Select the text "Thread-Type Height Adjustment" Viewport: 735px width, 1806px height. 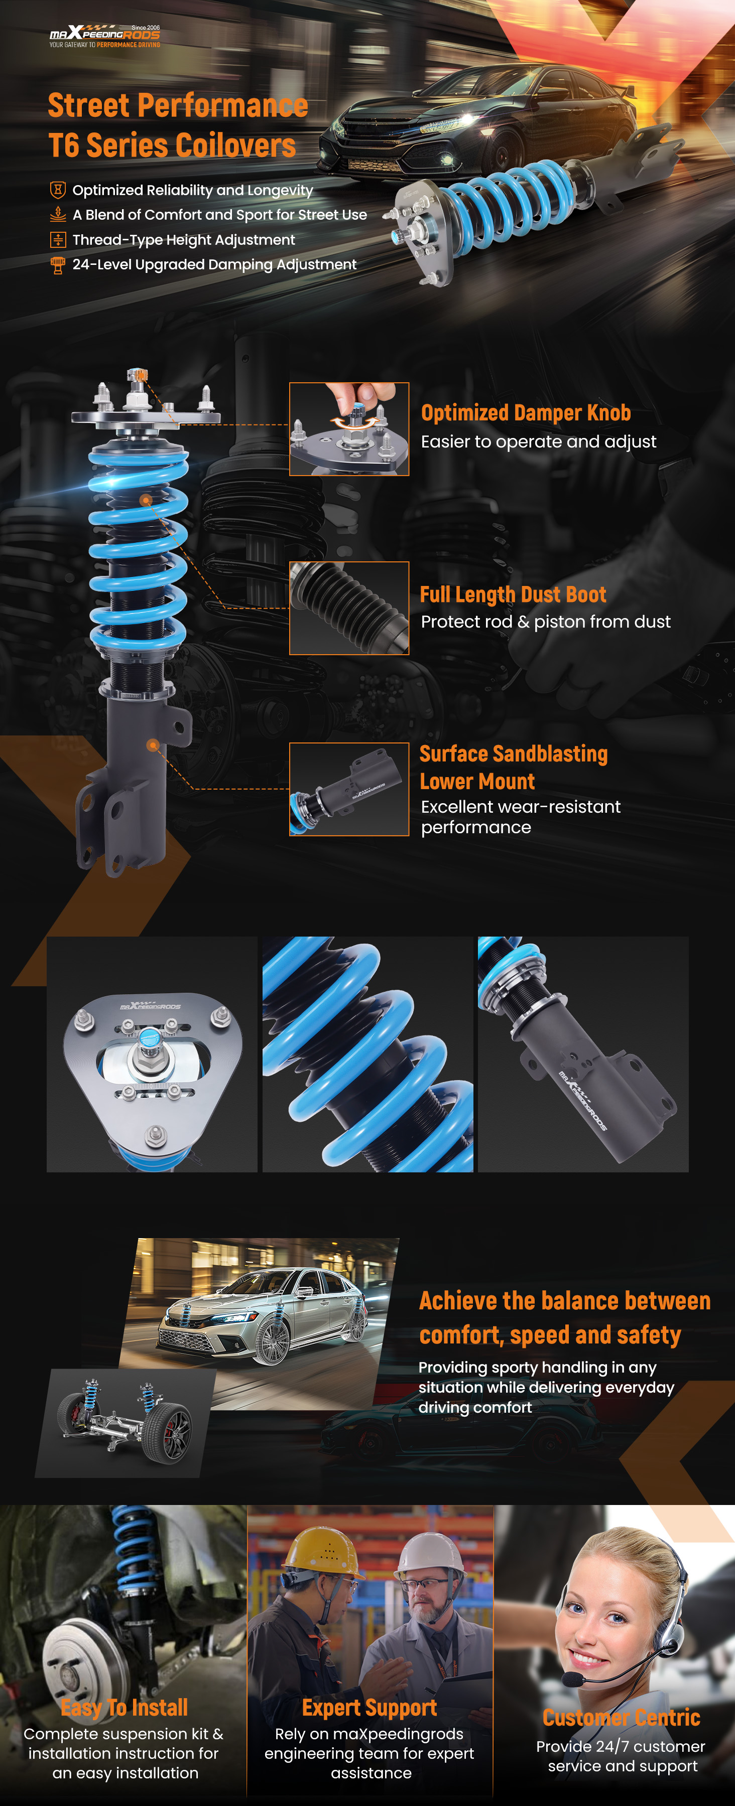tap(184, 240)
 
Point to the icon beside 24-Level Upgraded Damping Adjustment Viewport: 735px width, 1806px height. tap(58, 265)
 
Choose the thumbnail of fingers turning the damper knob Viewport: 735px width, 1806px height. tap(349, 429)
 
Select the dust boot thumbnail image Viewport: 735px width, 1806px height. tap(349, 608)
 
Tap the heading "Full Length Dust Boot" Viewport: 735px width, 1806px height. tap(513, 594)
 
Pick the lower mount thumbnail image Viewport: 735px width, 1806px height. tap(349, 790)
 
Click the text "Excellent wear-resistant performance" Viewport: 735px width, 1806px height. tap(521, 817)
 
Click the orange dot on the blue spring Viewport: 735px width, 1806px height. tap(146, 500)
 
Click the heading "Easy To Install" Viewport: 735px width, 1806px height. tap(124, 1708)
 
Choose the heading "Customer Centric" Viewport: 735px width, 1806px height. tap(622, 1718)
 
